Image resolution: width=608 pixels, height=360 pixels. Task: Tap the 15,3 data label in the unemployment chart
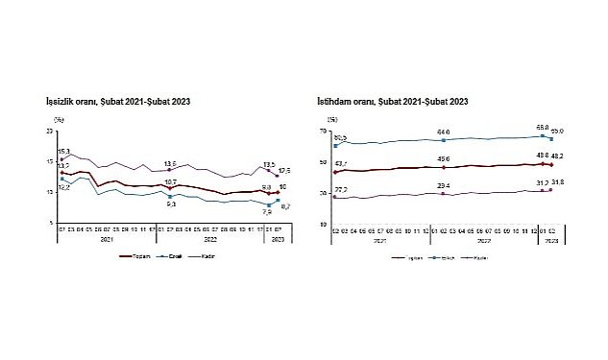tap(64, 152)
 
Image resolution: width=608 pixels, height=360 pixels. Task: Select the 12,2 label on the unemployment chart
tap(64, 187)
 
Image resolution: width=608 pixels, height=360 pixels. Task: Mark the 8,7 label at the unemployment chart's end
tap(285, 206)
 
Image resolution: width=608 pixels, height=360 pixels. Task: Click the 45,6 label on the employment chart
tap(444, 159)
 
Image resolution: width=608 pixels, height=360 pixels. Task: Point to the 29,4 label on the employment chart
tap(444, 185)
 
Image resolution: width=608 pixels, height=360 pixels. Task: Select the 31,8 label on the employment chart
tap(557, 181)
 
